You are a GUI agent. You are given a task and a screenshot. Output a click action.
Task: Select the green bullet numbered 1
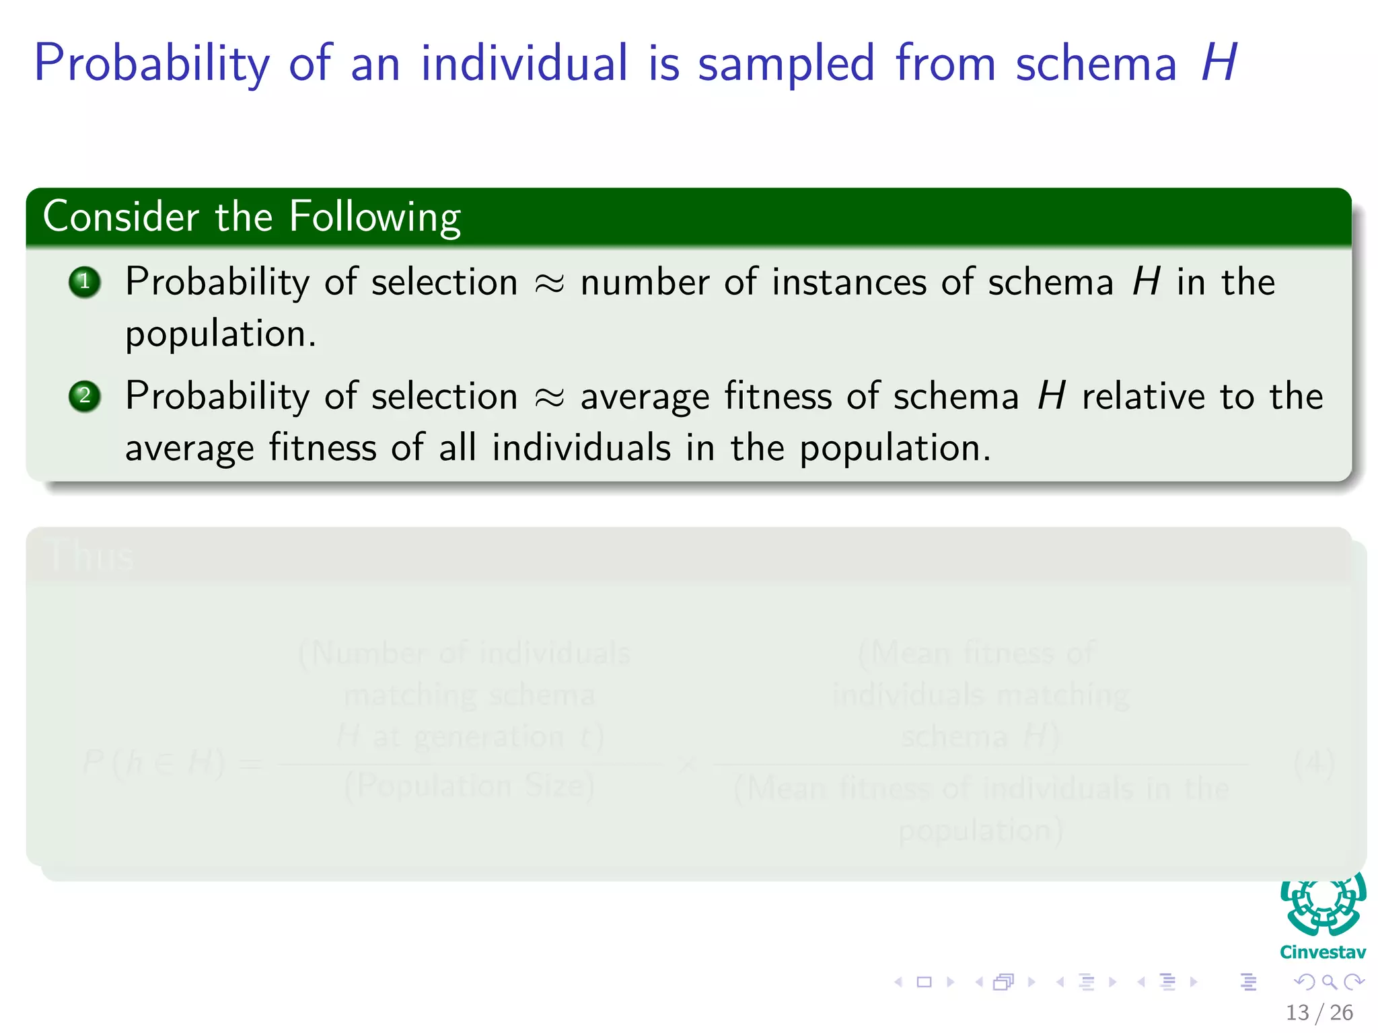(x=85, y=282)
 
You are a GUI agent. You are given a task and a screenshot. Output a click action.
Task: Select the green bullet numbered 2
(x=85, y=396)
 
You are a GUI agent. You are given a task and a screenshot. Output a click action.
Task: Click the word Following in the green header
(x=375, y=218)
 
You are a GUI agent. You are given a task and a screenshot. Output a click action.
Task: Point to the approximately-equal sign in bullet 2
(x=549, y=397)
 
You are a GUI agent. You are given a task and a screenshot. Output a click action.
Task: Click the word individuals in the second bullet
(x=581, y=448)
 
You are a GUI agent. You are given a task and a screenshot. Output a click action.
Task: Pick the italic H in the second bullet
(x=1052, y=396)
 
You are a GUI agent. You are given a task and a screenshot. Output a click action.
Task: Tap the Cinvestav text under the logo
(x=1323, y=952)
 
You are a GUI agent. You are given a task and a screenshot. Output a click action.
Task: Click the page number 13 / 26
(x=1319, y=1012)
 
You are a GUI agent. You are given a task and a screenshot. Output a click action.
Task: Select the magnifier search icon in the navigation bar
(x=1329, y=982)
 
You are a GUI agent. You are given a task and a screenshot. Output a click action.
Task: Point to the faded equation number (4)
(x=1313, y=763)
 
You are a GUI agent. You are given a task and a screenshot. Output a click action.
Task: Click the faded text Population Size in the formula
(x=470, y=786)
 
